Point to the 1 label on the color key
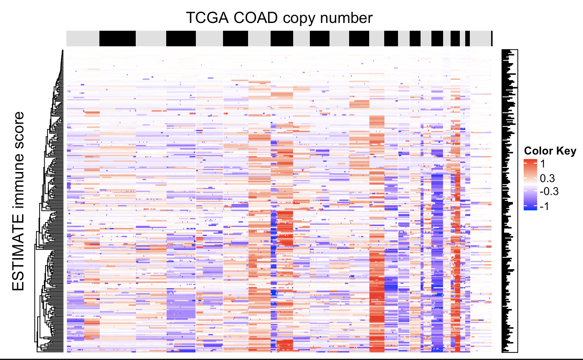(x=542, y=163)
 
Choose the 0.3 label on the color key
(x=547, y=179)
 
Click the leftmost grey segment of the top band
(x=83, y=38)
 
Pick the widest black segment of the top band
(x=118, y=38)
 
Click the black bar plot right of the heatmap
(x=509, y=200)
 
